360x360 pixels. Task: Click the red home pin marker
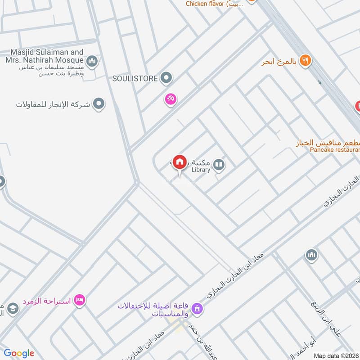click(180, 162)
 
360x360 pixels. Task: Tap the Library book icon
click(219, 165)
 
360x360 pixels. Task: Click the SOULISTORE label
click(135, 79)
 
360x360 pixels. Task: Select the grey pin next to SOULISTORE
click(166, 79)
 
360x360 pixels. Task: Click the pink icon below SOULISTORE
click(170, 99)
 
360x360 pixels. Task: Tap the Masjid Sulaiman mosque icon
click(92, 61)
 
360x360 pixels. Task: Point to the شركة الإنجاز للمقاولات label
click(53, 104)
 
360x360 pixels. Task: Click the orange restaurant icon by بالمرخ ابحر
click(305, 60)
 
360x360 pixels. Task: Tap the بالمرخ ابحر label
click(279, 61)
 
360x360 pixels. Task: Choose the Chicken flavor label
click(215, 4)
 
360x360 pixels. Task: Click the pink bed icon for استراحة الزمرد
click(80, 300)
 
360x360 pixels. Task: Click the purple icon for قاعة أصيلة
click(197, 309)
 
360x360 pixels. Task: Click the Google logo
click(19, 354)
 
